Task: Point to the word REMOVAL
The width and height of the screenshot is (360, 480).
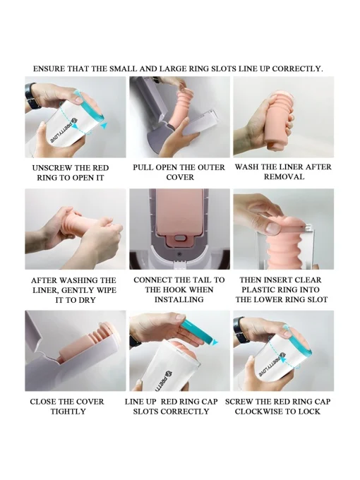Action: pyautogui.click(x=284, y=177)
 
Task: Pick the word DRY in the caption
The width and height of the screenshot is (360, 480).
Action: pyautogui.click(x=88, y=300)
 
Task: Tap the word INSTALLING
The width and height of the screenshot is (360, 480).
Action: pyautogui.click(x=179, y=299)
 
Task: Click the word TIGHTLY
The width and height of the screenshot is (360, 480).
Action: pyautogui.click(x=68, y=412)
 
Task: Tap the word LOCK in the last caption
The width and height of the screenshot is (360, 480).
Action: pyautogui.click(x=309, y=412)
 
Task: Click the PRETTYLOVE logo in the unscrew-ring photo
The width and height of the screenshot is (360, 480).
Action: pyautogui.click(x=63, y=130)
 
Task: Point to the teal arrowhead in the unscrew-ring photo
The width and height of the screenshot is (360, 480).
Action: pyautogui.click(x=104, y=126)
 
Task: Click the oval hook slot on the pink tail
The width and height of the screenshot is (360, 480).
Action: pyautogui.click(x=180, y=238)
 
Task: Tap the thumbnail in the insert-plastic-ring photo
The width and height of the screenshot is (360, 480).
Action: pyautogui.click(x=272, y=228)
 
